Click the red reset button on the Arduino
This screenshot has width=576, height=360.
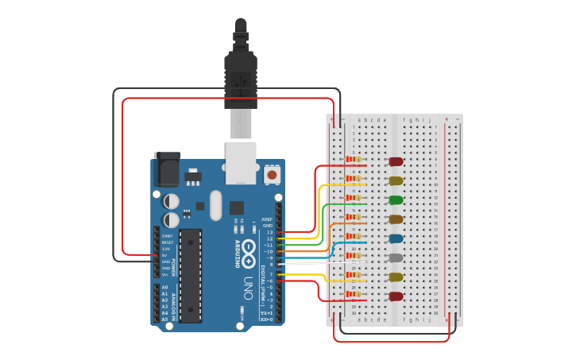coord(273,174)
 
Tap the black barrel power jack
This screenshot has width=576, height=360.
coord(167,169)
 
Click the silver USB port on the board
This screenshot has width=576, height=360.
coord(241,162)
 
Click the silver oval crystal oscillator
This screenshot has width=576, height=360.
coord(215,205)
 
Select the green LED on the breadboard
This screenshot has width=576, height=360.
coord(395,199)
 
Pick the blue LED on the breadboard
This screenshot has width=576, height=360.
coord(395,238)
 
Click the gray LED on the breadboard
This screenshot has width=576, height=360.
coord(395,257)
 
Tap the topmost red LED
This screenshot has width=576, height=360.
coord(395,161)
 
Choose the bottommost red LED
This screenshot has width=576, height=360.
coord(395,296)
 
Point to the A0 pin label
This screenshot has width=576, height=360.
coord(164,287)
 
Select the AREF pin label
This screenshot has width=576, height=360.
coord(267,219)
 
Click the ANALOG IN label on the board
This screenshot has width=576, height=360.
coord(174,306)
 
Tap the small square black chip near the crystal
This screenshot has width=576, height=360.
coord(236,207)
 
